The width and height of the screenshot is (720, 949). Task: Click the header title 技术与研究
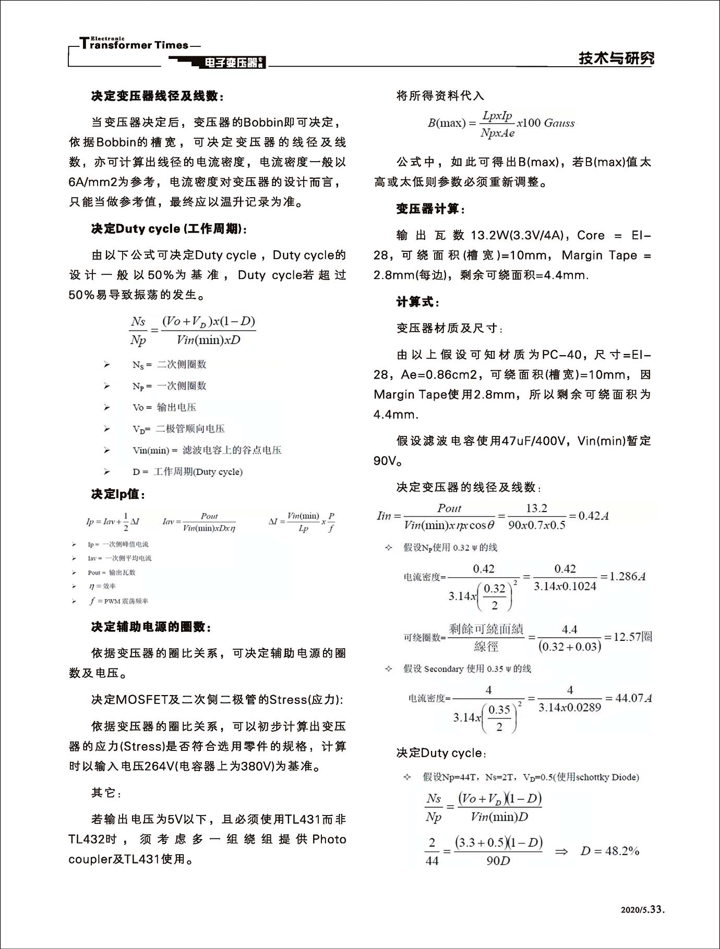tap(616, 58)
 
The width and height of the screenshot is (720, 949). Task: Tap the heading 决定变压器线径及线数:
tap(158, 96)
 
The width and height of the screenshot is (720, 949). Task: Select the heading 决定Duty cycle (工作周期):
tap(169, 229)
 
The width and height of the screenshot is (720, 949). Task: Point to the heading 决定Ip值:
tap(118, 494)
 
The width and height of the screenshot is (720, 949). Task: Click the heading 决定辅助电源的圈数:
tap(151, 627)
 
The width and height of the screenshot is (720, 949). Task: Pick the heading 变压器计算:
tap(430, 209)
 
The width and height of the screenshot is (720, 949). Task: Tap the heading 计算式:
tap(418, 302)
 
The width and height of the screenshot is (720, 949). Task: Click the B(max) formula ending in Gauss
tap(501, 124)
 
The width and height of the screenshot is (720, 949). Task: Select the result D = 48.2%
tap(609, 851)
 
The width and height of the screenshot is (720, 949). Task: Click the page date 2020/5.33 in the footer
tap(642, 909)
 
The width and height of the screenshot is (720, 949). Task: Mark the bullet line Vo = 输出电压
tap(164, 407)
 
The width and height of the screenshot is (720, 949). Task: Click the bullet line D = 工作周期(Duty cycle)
tap(187, 472)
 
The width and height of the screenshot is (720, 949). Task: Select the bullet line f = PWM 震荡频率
tap(118, 601)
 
